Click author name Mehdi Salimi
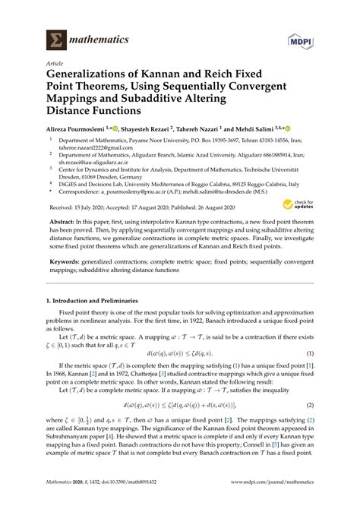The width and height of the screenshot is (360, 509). (x=276, y=129)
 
